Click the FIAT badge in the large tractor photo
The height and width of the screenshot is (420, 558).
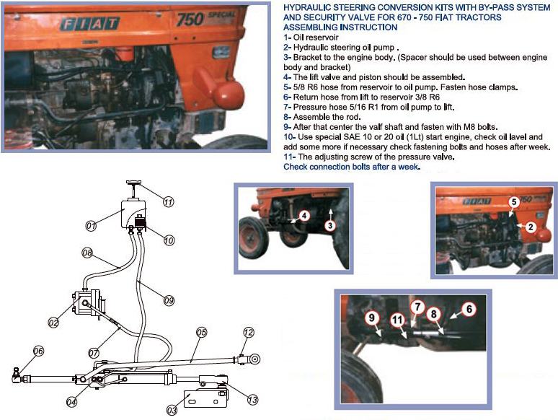point(89,24)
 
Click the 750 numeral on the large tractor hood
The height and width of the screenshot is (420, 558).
point(190,19)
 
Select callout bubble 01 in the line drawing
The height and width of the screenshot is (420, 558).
point(91,225)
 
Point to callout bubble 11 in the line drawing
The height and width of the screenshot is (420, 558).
point(168,202)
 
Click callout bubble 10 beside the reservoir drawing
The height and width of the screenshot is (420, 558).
point(169,240)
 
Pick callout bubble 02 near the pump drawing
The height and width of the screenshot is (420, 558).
point(53,323)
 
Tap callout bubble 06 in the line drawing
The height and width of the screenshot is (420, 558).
point(38,351)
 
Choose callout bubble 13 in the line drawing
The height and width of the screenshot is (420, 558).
point(252,400)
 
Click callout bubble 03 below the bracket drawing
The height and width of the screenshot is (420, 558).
point(172,411)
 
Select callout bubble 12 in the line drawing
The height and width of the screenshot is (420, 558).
point(249,333)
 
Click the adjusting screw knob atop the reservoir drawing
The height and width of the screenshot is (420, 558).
point(133,183)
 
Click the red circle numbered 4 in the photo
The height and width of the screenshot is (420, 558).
point(304,216)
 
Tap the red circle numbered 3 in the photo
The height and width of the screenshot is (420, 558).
point(330,225)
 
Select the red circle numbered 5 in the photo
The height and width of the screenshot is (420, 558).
point(514,202)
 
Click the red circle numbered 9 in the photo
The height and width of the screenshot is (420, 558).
point(371,318)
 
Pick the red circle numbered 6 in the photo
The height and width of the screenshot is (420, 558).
point(469,309)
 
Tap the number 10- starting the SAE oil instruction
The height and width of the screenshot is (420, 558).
point(289,137)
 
